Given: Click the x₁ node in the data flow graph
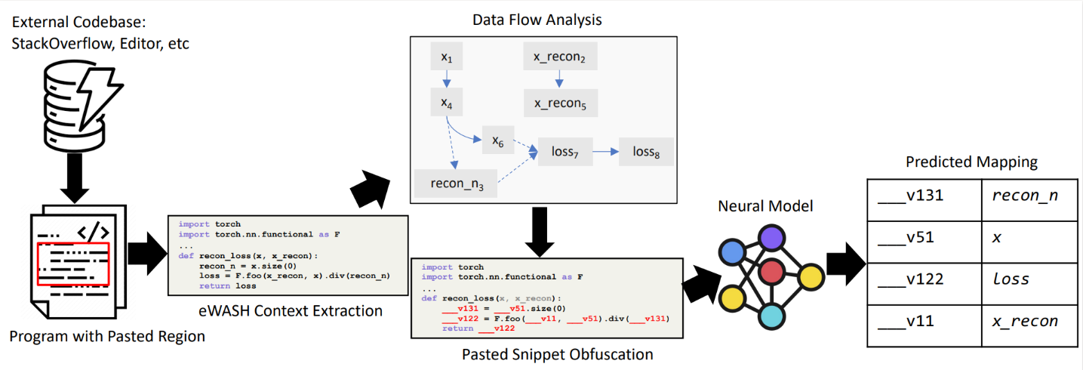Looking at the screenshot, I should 445,57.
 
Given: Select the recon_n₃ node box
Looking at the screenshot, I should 456,183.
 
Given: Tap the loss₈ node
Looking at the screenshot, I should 645,152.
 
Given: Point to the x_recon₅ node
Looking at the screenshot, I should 560,103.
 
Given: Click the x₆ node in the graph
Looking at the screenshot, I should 498,141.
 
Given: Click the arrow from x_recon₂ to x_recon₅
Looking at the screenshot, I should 558,79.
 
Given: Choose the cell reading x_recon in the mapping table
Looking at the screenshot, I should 1023,321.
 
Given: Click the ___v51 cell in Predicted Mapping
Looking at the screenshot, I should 923,238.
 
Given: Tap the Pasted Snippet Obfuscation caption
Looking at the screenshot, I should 546,353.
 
